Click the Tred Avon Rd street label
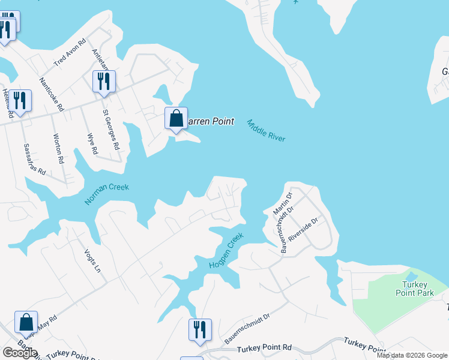[x=70, y=52]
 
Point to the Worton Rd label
[x=58, y=148]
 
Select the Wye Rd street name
[x=92, y=144]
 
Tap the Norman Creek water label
[x=107, y=194]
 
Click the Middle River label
[x=266, y=130]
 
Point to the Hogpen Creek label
[x=226, y=250]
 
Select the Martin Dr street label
[x=281, y=204]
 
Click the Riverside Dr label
[x=302, y=229]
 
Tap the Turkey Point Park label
[x=415, y=289]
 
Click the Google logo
[x=20, y=352]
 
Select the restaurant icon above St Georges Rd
[x=104, y=82]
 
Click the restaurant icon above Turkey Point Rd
[x=199, y=330]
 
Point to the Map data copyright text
[x=411, y=355]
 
